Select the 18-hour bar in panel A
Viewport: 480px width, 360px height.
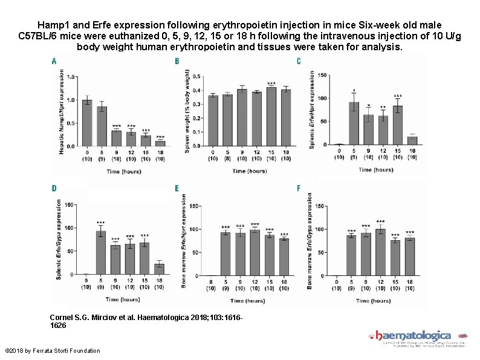tap(160, 143)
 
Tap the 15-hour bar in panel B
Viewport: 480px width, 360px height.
tap(271, 117)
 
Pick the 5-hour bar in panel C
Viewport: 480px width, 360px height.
tap(354, 124)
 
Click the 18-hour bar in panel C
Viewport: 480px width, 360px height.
tap(412, 142)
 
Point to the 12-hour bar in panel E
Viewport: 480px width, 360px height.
tap(255, 253)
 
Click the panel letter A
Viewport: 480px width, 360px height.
tap(55, 61)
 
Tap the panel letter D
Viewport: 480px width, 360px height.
tap(55, 189)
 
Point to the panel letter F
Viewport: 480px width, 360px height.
tap(299, 189)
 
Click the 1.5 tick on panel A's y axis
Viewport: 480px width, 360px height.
tap(71, 77)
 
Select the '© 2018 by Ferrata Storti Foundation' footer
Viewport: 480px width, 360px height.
tap(53, 351)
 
